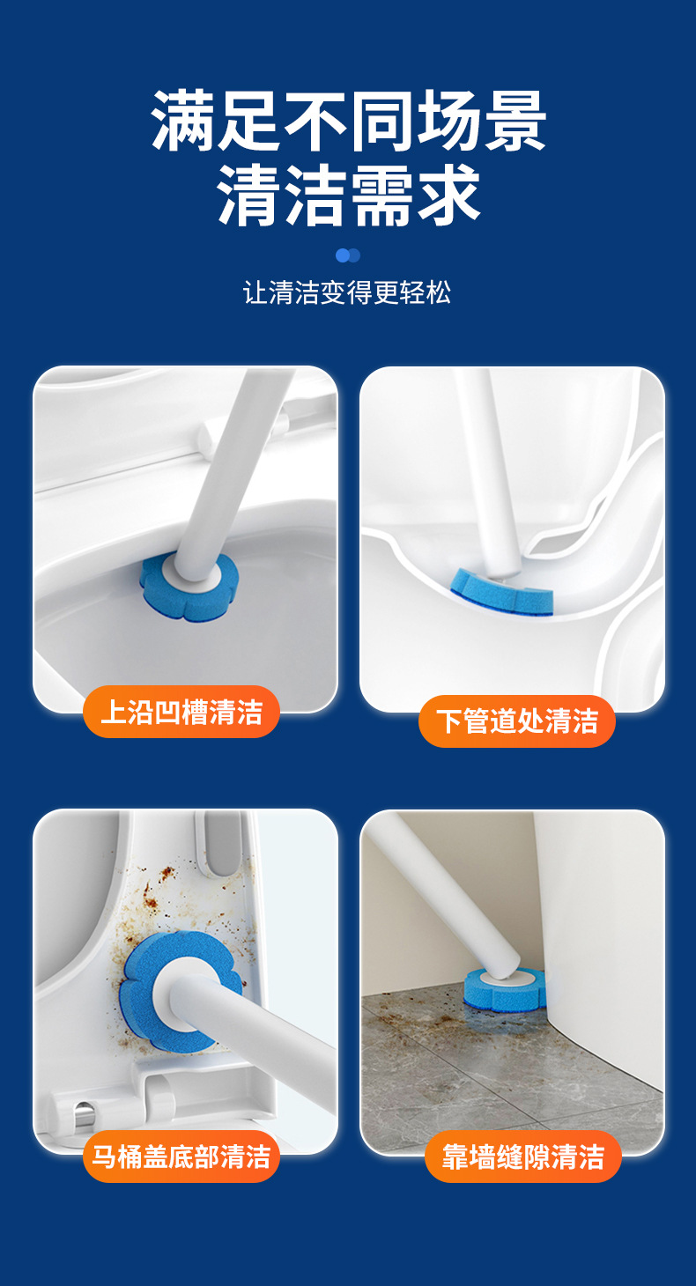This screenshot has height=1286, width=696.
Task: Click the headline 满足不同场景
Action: pyautogui.click(x=348, y=122)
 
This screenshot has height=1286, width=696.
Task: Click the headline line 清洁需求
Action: pyautogui.click(x=348, y=195)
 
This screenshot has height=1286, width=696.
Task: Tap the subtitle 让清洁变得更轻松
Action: pyautogui.click(x=347, y=292)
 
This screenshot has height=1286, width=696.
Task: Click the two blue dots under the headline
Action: pyautogui.click(x=348, y=255)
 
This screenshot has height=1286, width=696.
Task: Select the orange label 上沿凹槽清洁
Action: pyautogui.click(x=181, y=712)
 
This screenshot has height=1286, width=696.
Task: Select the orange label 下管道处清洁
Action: pyautogui.click(x=517, y=721)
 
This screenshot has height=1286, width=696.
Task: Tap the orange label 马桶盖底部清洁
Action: pyautogui.click(x=181, y=1157)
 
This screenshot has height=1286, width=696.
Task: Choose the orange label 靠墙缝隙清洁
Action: pyautogui.click(x=523, y=1157)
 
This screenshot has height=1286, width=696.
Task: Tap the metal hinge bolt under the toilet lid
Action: pyautogui.click(x=84, y=1114)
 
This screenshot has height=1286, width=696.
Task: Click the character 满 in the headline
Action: pyautogui.click(x=182, y=122)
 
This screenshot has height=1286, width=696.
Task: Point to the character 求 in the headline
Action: pyautogui.click(x=448, y=195)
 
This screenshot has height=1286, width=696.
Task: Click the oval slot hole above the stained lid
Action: pyautogui.click(x=218, y=844)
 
